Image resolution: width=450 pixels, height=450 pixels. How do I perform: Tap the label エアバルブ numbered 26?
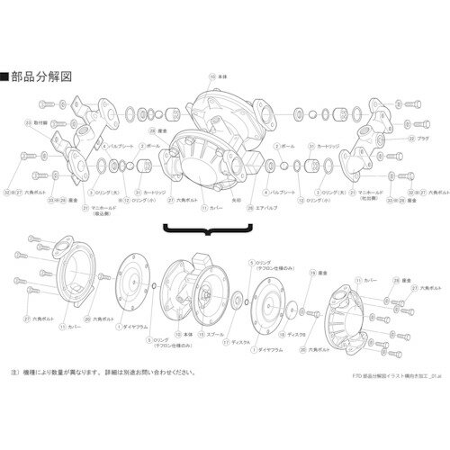click(267, 212)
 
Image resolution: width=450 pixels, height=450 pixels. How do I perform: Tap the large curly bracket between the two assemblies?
click(208, 235)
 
